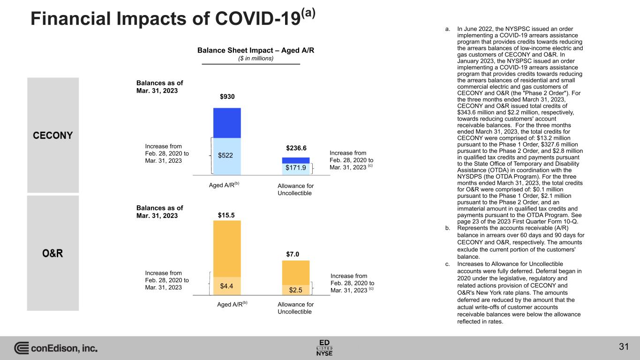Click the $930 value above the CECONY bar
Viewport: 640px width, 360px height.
(x=227, y=97)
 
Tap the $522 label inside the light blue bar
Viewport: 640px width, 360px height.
(x=227, y=155)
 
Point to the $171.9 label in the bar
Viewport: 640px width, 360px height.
(x=295, y=167)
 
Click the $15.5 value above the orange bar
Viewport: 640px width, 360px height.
(x=227, y=215)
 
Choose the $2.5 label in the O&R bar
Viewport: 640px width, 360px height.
(x=295, y=290)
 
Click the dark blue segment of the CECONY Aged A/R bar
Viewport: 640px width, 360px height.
(x=227, y=123)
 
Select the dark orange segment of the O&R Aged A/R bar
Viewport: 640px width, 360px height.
(x=227, y=248)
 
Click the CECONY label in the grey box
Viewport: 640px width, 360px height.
(x=53, y=135)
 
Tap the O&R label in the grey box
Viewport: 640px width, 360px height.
(x=53, y=254)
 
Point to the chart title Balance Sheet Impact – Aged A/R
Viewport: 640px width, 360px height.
(x=255, y=51)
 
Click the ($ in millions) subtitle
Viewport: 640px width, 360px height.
(x=255, y=59)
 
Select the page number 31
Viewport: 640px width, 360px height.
(x=623, y=347)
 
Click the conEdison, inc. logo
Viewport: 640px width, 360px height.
(x=56, y=348)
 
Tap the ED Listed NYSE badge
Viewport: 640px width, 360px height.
(x=324, y=347)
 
